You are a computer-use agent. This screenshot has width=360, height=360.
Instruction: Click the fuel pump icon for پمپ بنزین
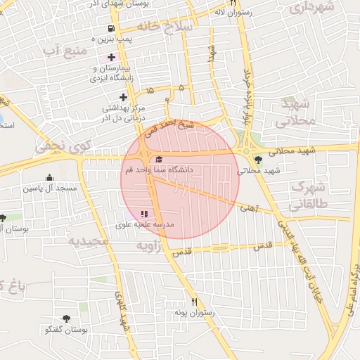(x=110, y=29)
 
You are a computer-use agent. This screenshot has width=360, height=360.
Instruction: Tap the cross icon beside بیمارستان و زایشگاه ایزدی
(x=110, y=57)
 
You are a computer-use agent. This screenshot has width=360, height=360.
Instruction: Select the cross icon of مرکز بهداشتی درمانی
(x=124, y=97)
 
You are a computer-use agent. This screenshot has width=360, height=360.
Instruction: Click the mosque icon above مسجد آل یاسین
(x=49, y=178)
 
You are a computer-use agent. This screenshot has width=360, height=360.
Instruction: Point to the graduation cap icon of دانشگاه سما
(x=159, y=160)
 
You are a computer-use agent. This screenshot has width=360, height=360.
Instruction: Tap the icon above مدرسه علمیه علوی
(x=144, y=214)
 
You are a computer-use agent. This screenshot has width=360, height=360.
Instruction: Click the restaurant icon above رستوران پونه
(x=195, y=302)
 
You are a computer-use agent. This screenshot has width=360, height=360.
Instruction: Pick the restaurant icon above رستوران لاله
(x=232, y=3)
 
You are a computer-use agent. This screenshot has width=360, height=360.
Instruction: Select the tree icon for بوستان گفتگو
(x=66, y=319)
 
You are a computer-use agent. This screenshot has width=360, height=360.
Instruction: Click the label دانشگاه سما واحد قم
(x=158, y=171)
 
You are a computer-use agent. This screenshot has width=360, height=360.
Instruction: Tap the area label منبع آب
(x=65, y=52)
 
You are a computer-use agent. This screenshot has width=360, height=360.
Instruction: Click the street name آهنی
(x=248, y=208)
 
